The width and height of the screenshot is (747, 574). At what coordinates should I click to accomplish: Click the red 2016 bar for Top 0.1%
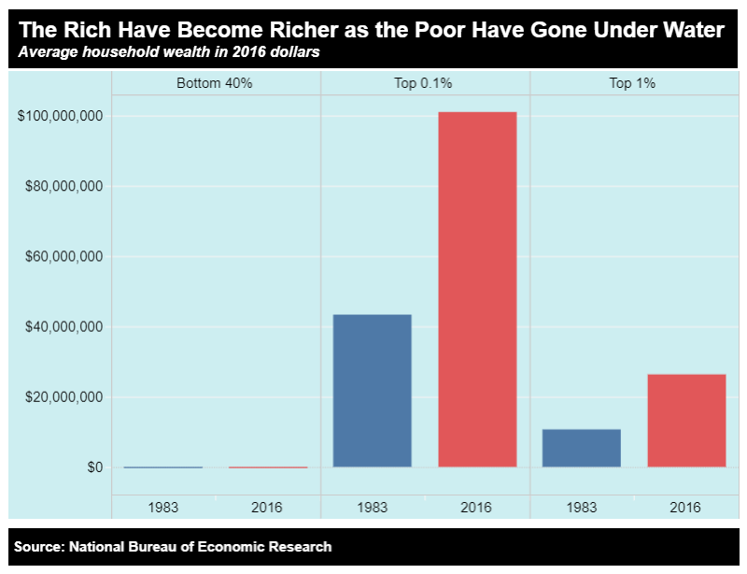pos(477,289)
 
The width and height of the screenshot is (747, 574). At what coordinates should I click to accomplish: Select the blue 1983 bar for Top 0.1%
pos(373,390)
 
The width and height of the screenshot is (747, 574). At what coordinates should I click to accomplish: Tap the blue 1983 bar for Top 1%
pos(582,448)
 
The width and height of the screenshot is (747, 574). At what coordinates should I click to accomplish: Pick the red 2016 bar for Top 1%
pos(686,420)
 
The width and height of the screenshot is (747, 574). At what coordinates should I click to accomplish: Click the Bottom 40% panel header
pos(215,83)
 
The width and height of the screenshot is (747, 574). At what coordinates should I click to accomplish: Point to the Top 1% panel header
pos(632,83)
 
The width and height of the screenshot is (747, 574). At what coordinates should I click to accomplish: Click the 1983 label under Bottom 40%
pos(163,507)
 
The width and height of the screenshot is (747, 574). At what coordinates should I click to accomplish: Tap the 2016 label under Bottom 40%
pos(267,507)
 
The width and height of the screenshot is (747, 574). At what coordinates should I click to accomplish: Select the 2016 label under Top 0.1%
pos(476,507)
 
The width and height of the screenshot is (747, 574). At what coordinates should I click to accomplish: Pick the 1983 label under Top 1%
pos(582,507)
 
